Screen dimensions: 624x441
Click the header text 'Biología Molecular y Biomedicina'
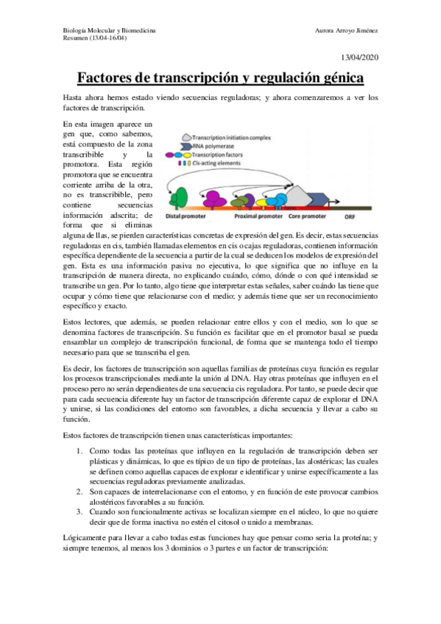[110, 31]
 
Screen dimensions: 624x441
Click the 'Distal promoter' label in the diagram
[187, 219]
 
